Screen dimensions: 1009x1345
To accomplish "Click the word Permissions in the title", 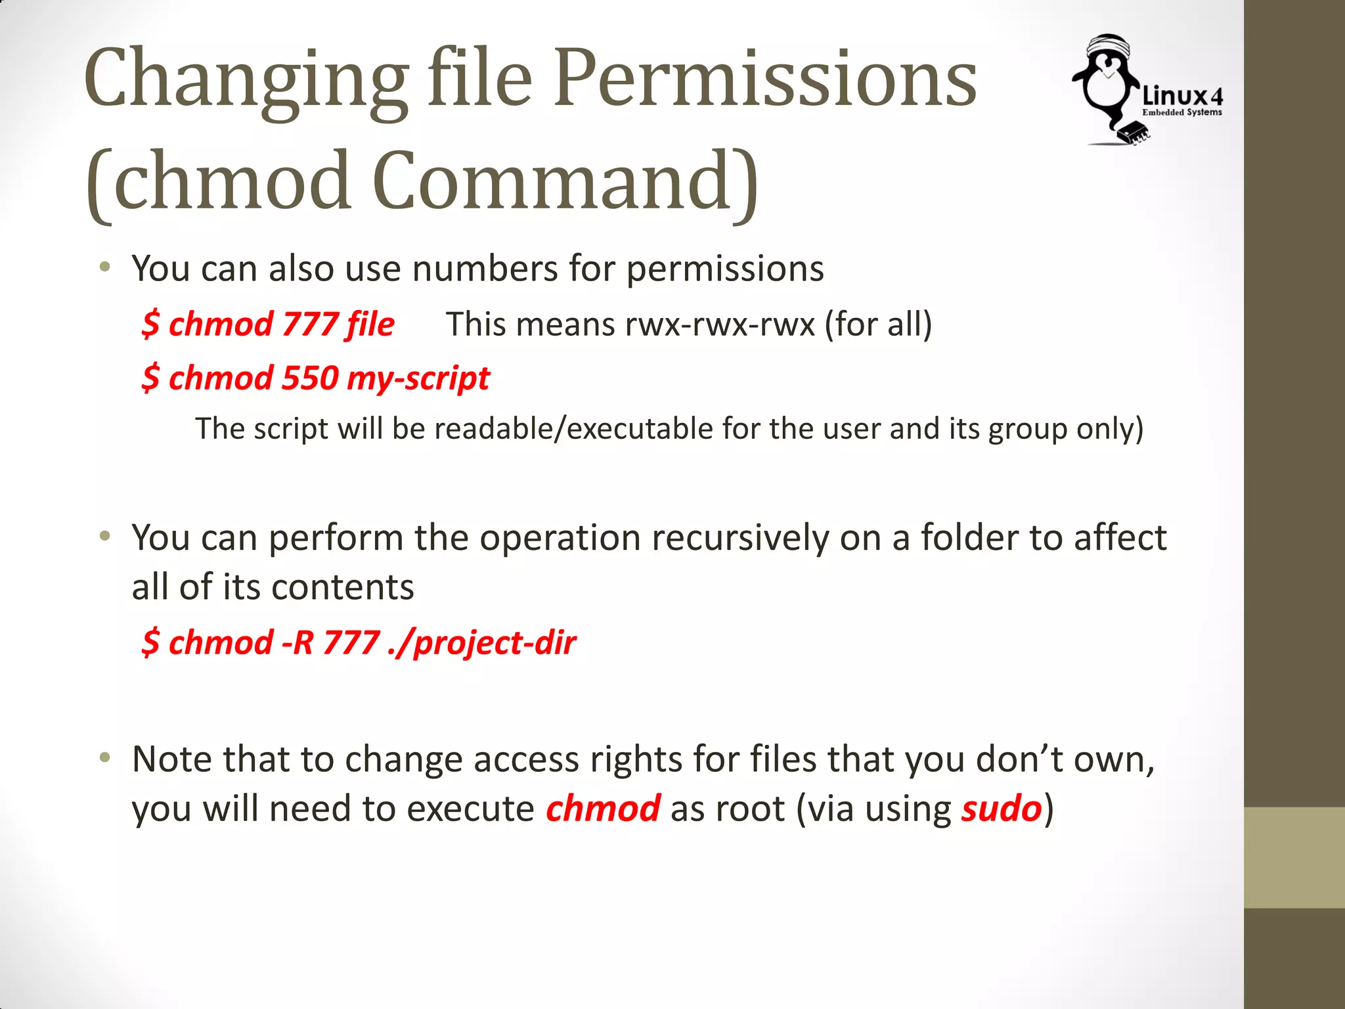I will [x=765, y=79].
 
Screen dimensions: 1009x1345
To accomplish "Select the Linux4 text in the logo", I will [x=1182, y=96].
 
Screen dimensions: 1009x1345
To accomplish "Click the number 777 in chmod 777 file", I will [x=310, y=325].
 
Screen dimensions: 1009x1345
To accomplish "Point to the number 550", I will [x=310, y=378].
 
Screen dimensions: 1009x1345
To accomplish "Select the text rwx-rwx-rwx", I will [x=720, y=325].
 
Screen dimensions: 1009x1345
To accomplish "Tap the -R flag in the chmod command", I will [x=298, y=642].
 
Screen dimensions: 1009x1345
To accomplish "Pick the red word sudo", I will [x=1002, y=809].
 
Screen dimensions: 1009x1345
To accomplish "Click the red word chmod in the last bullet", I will [x=603, y=809].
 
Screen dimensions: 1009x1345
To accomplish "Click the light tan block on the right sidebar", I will [x=1294, y=857].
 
